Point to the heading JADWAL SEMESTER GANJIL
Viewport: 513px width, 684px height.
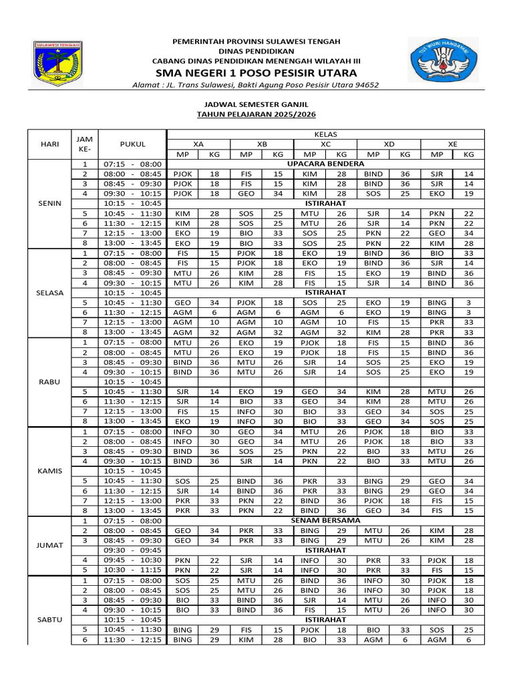click(256, 105)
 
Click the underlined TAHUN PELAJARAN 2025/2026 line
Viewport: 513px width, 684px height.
click(256, 115)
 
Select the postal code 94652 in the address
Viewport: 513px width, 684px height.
click(365, 85)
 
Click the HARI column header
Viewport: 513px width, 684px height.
click(49, 144)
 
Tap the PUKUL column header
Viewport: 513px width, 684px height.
click(132, 144)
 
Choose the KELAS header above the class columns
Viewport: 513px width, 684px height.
click(325, 134)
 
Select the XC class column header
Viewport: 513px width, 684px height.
click(325, 144)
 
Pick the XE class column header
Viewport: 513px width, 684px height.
click(453, 144)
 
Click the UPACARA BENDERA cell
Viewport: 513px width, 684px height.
click(325, 164)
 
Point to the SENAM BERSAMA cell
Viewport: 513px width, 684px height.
click(325, 520)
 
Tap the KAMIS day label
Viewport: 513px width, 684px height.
click(49, 471)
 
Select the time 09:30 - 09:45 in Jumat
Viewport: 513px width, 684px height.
click(132, 550)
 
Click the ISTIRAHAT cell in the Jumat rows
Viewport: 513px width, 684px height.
click(325, 550)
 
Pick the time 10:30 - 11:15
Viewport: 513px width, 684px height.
click(132, 570)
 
